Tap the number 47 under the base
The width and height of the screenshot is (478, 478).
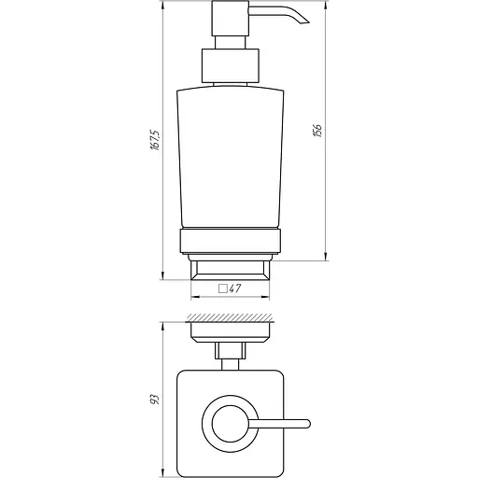[235, 289]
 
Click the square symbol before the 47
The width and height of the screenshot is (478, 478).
[222, 289]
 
